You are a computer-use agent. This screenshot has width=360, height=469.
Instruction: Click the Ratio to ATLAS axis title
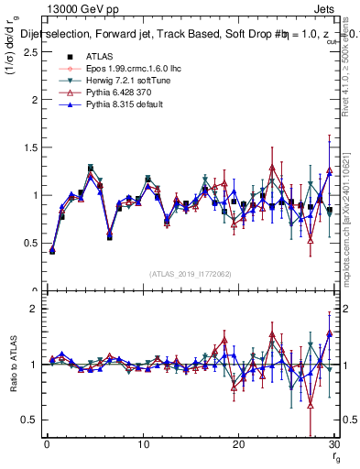pyautogui.click(x=12, y=365)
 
